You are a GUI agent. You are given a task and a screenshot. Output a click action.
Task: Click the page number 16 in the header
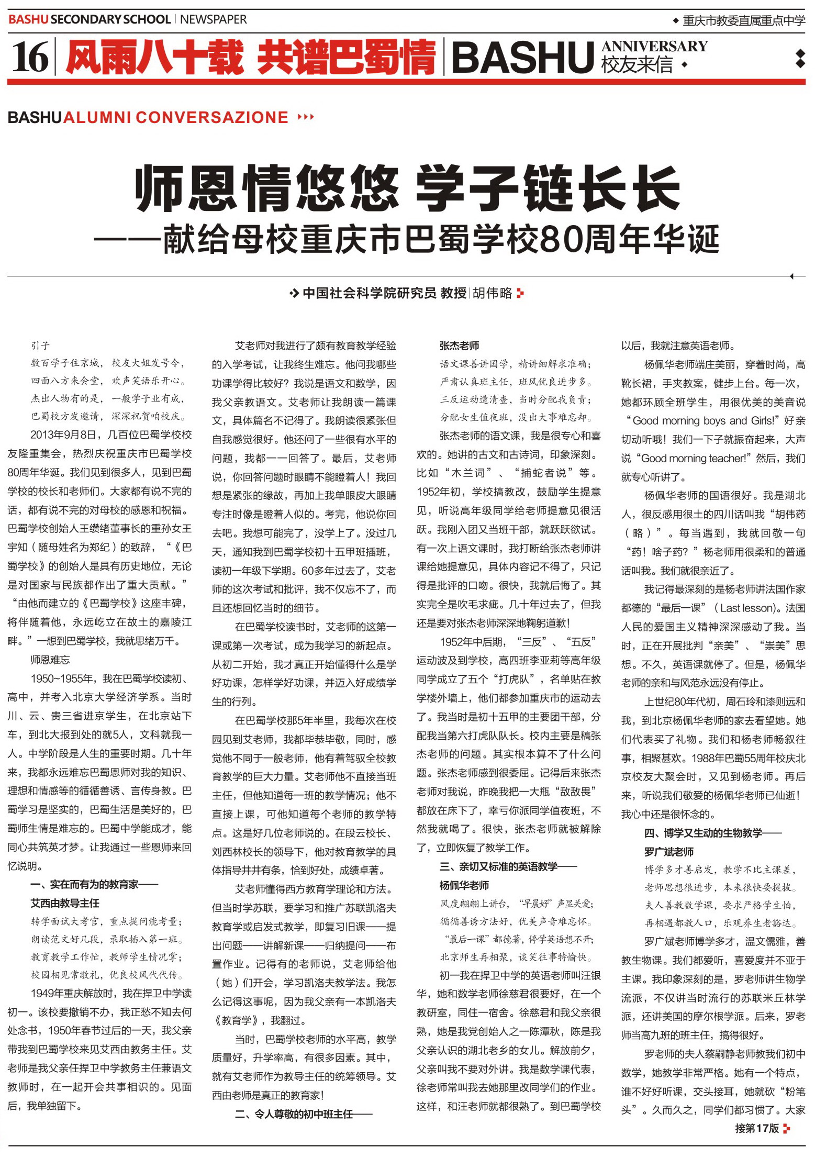tap(30, 57)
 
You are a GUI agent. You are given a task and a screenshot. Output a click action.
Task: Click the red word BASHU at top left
tap(28, 20)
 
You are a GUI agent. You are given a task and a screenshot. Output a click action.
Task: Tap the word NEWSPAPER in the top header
tap(213, 20)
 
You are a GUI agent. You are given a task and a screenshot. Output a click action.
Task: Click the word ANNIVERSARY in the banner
tap(654, 47)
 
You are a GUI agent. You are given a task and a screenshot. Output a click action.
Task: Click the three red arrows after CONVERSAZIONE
tap(306, 117)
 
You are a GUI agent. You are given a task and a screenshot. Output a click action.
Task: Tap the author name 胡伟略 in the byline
tap(492, 293)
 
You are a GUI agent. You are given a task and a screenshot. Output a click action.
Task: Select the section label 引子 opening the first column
tap(40, 346)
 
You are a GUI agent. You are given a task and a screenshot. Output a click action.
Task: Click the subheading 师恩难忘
tap(50, 660)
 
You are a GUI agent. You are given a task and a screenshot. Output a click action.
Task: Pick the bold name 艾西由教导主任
tap(65, 903)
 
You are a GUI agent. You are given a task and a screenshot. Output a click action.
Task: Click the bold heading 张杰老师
tap(459, 346)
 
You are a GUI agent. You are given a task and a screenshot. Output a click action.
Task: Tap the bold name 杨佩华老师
tap(464, 885)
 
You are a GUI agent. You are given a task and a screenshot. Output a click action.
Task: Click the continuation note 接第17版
tap(757, 1128)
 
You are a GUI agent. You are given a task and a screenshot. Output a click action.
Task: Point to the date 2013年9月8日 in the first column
tap(63, 435)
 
